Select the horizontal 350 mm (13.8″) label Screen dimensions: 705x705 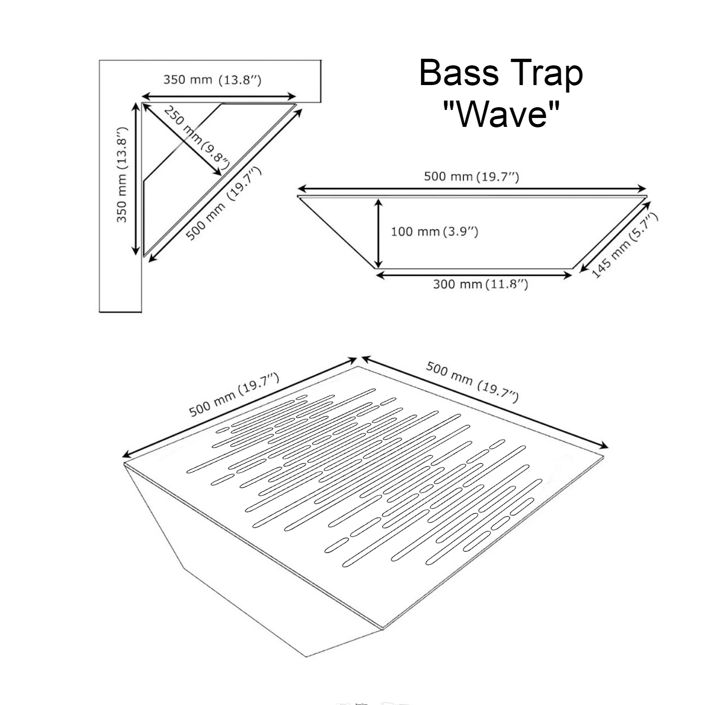[212, 79]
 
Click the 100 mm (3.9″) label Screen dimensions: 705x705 [434, 231]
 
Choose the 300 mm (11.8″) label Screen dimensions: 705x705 [480, 284]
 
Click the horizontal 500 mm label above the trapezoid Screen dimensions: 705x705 [471, 177]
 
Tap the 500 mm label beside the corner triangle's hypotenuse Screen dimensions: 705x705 [223, 204]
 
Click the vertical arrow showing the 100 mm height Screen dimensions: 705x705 [378, 233]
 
